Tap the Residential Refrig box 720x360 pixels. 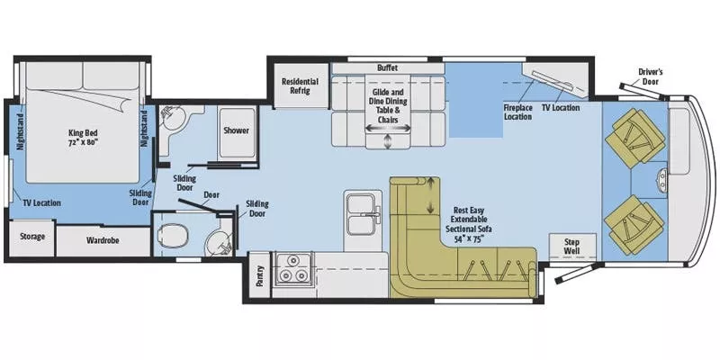click(x=300, y=86)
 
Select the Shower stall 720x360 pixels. click(x=236, y=130)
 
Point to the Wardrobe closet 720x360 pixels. click(x=102, y=241)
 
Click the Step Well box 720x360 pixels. click(x=570, y=244)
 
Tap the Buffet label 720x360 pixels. click(x=387, y=67)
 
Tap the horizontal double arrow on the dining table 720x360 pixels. click(x=387, y=127)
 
